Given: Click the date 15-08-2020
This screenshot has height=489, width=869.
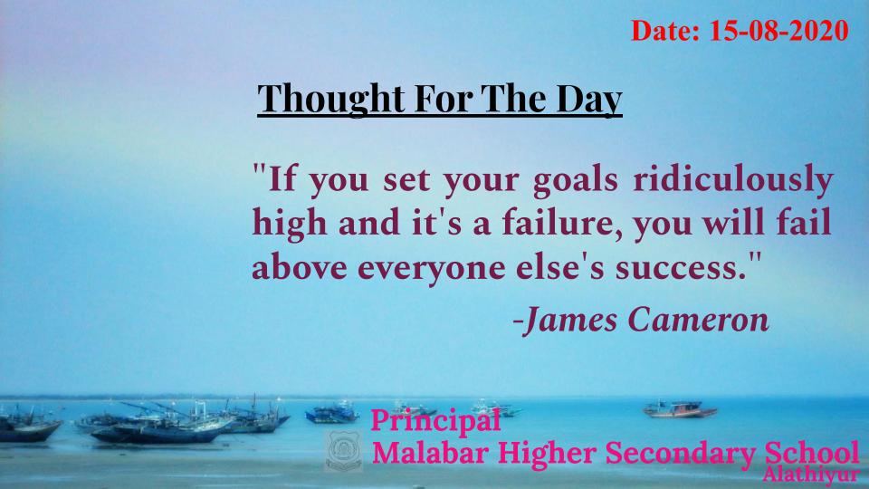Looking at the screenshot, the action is pos(779,31).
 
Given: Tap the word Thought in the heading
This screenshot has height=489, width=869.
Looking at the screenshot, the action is pos(331,99).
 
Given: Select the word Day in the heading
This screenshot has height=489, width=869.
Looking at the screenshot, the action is pos(589,100).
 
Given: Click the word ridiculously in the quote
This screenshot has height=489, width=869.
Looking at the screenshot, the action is pos(733,179).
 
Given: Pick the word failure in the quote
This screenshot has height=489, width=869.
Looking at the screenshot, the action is pos(562,223).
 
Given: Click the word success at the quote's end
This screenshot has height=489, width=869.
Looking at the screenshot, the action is pos(681,268).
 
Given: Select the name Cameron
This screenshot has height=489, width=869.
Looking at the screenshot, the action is pos(699,321).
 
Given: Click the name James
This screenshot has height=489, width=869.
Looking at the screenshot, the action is pos(570,321).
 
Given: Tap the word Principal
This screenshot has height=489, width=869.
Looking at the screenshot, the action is pos(435,421).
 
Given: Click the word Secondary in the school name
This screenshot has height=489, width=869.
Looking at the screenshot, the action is pos(681,454).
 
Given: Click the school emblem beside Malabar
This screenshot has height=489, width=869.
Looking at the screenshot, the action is pos(344,451).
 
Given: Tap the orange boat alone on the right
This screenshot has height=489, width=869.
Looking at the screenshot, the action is pos(680,409).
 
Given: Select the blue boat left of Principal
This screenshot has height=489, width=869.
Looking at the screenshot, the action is pos(332,413).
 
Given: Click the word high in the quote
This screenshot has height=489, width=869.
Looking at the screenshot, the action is pos(290,224).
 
